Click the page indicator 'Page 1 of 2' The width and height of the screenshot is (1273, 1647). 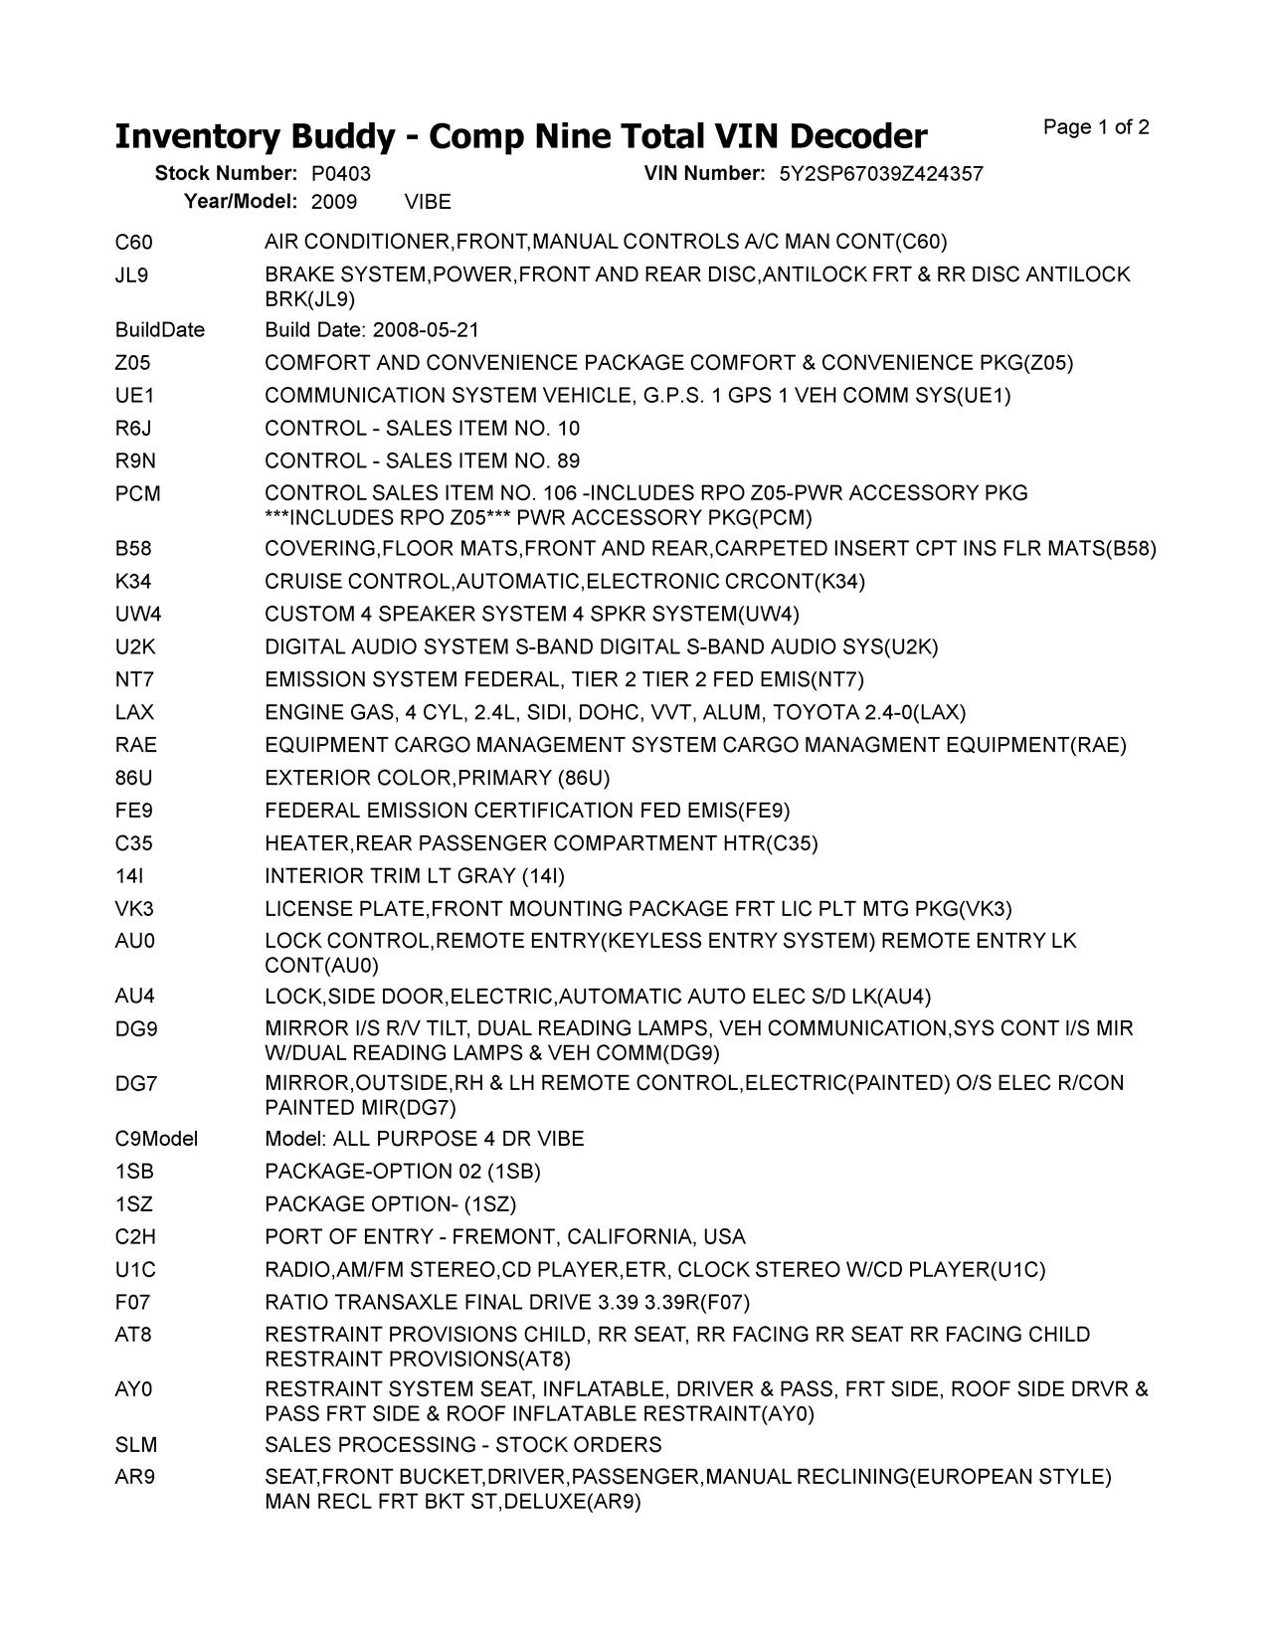click(1096, 127)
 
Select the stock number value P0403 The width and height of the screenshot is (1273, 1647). click(340, 174)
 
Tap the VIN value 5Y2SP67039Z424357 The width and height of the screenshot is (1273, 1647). click(880, 174)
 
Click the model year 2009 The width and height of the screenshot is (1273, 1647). click(334, 203)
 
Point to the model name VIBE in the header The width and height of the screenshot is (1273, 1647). click(428, 203)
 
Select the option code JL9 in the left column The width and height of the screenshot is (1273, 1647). click(131, 274)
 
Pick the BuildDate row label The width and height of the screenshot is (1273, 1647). click(159, 330)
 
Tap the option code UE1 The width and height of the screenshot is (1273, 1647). click(134, 396)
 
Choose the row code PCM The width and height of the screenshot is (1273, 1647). click(137, 494)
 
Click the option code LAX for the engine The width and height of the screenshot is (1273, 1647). click(134, 713)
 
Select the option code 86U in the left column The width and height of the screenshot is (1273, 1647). click(134, 778)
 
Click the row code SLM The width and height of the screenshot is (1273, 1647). click(135, 1445)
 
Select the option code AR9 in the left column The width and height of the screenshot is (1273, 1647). click(134, 1478)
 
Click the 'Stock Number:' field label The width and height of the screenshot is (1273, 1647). click(226, 174)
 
